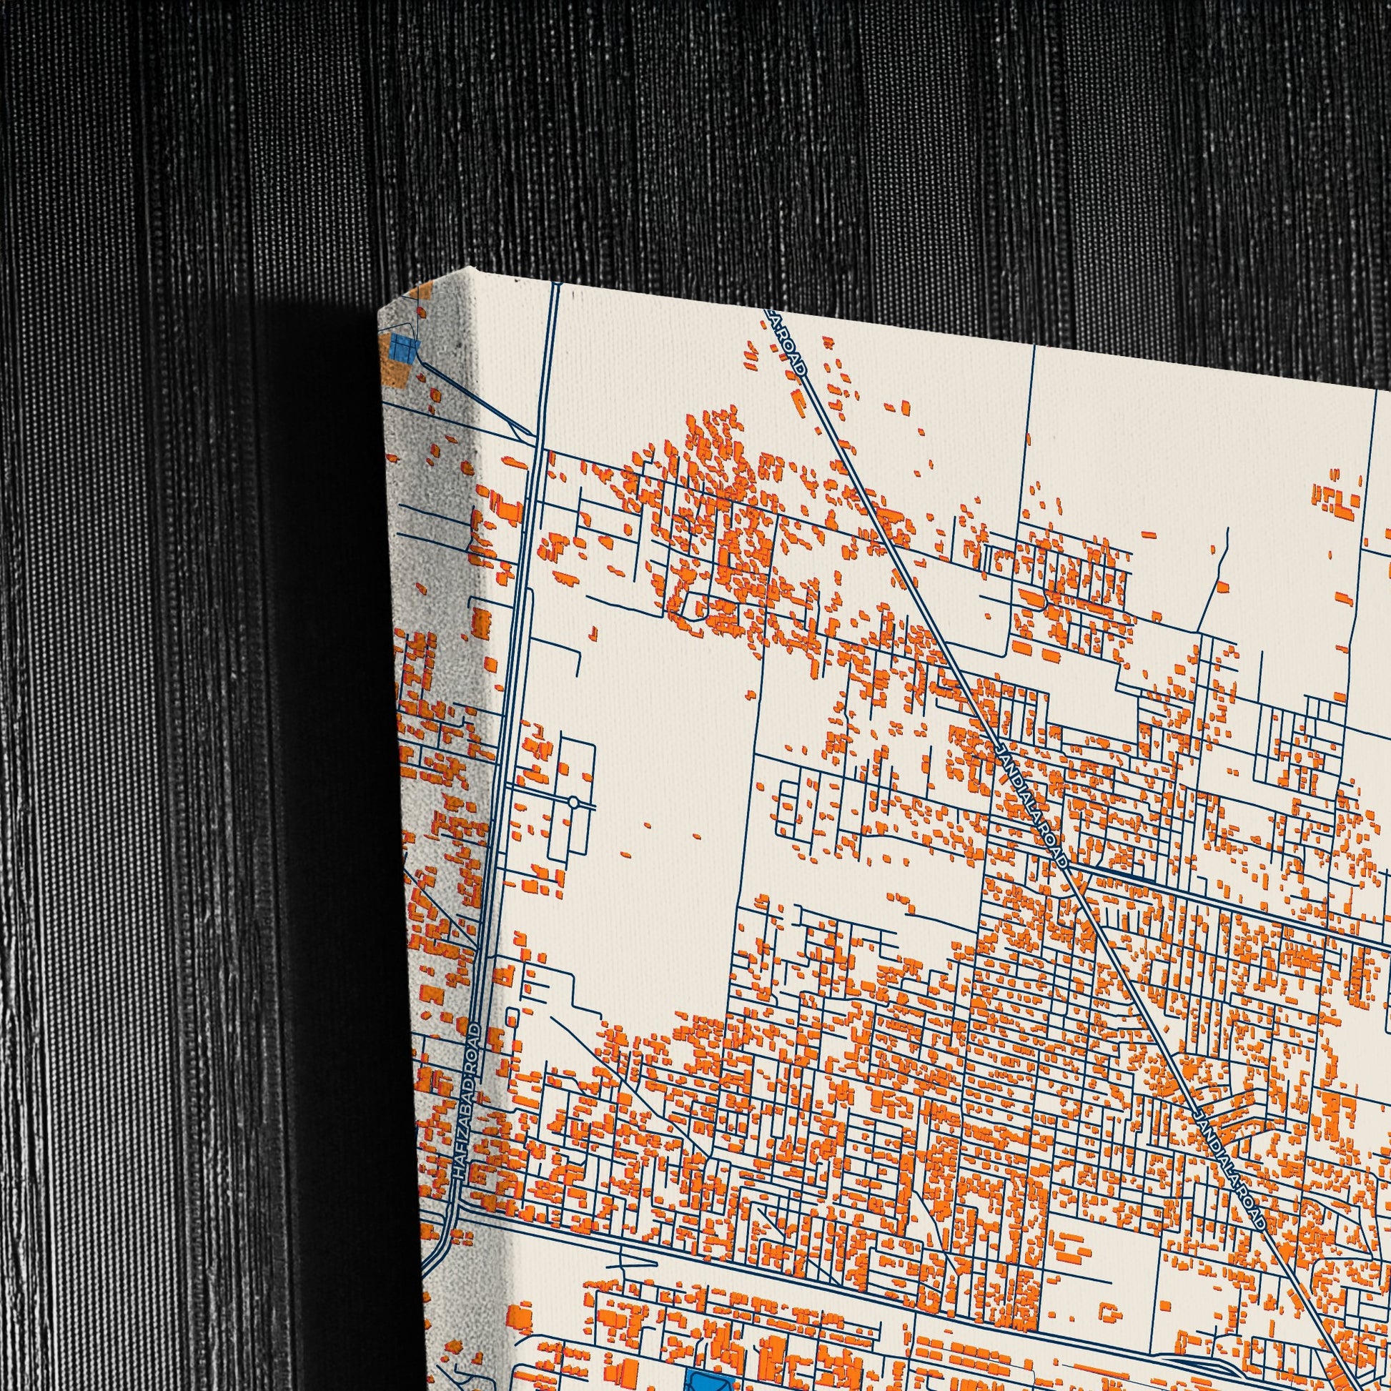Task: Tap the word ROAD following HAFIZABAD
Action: pos(475,1042)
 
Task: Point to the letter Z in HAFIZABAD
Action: pos(467,1132)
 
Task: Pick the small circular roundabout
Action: pos(573,801)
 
